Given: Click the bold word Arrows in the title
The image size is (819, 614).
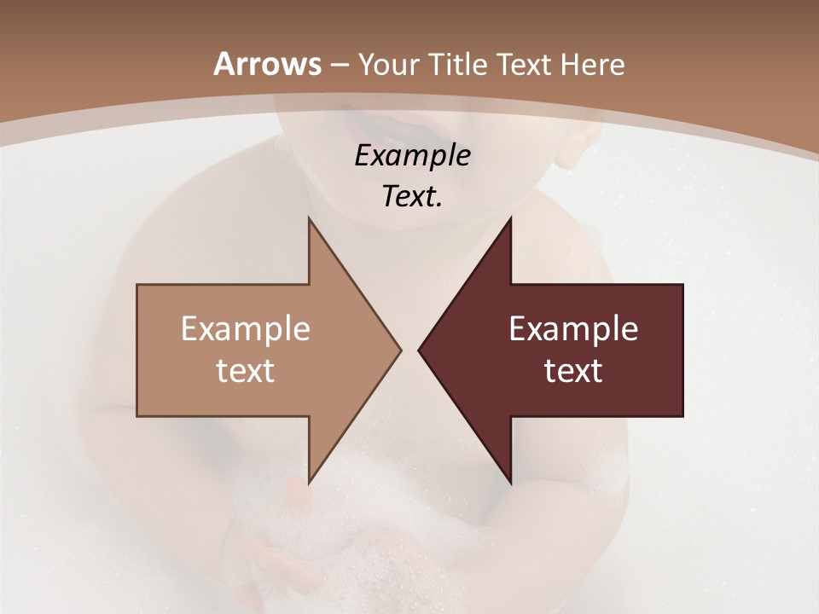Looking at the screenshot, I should [266, 64].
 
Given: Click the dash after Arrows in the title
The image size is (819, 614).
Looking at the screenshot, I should [339, 66].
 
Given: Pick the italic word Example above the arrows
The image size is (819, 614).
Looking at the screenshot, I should [412, 156].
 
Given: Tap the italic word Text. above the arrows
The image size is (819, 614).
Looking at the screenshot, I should [412, 197].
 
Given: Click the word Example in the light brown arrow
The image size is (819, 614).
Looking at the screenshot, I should [246, 329].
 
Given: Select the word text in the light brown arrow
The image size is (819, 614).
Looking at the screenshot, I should [246, 371].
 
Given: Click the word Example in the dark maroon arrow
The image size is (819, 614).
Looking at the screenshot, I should [573, 329].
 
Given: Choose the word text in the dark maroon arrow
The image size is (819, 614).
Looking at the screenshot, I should [573, 371].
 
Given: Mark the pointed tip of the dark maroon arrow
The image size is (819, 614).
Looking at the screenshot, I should [421, 350].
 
